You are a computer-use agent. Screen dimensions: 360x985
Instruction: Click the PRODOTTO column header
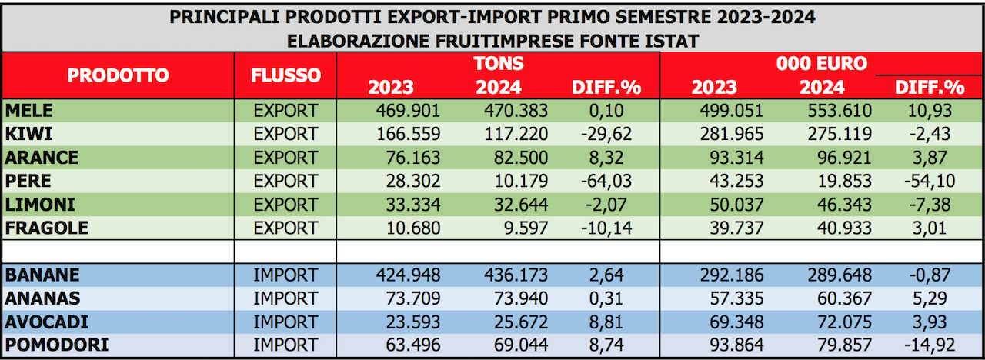point(118,75)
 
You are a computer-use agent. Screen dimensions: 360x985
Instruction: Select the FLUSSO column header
point(285,75)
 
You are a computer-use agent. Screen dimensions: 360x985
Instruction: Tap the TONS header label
point(499,63)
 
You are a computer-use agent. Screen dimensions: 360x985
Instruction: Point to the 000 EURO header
point(822,63)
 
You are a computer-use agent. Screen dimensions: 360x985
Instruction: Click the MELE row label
point(30,111)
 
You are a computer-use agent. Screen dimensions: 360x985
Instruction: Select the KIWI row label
point(28,134)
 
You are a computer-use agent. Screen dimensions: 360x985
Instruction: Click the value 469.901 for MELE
point(408,111)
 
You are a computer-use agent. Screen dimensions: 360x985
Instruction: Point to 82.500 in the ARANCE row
point(516,158)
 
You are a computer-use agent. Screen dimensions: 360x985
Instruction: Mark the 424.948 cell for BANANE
point(408,275)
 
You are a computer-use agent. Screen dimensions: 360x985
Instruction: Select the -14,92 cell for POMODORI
point(927,345)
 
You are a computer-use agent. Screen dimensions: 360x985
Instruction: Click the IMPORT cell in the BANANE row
point(285,275)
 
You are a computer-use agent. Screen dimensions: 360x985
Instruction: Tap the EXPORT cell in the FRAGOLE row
point(285,228)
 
